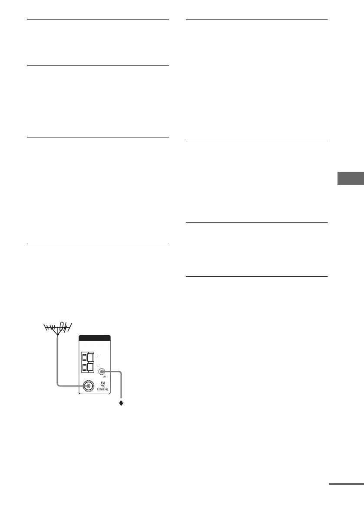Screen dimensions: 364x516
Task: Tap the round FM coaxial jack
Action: [88, 385]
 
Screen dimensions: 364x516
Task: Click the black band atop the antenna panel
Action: [95, 339]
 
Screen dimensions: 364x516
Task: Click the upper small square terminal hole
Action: [84, 358]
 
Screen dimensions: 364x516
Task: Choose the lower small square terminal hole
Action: [84, 368]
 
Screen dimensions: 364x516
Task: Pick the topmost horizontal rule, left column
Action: [98, 19]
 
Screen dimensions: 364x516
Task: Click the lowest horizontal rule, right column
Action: [256, 276]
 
